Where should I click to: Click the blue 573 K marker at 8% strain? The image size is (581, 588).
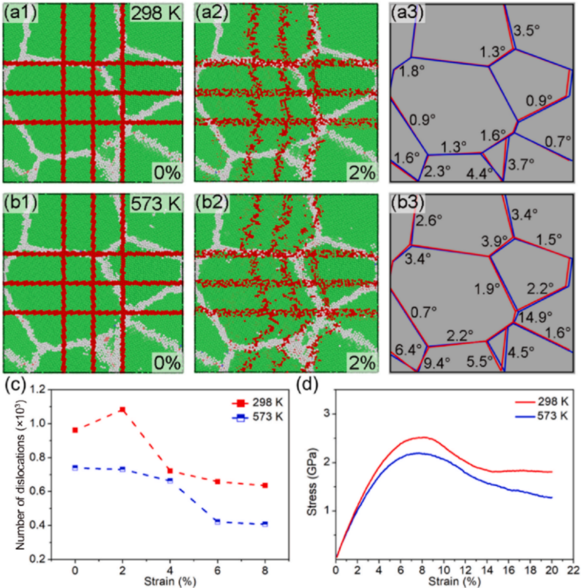tap(265, 524)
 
